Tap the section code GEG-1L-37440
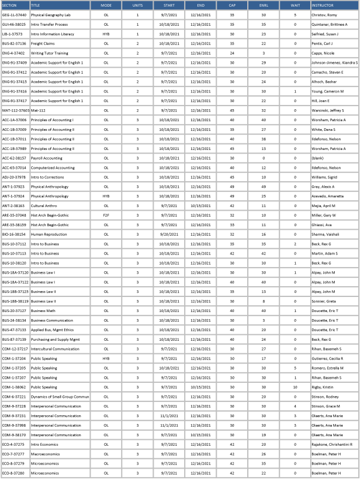point(14,14)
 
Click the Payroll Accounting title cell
point(46,158)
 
